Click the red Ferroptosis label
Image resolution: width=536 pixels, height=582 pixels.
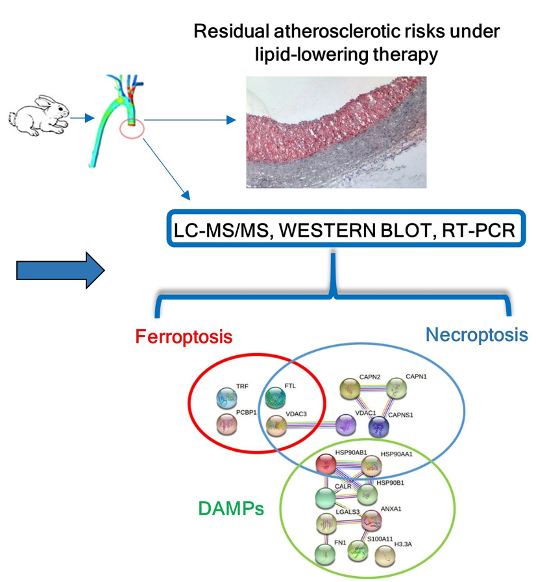[184, 336]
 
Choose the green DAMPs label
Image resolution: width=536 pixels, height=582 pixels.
[230, 509]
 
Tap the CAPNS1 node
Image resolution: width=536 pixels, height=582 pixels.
[378, 426]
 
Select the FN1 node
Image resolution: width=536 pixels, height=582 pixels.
[325, 553]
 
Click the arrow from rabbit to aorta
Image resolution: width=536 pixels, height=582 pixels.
[80, 119]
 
